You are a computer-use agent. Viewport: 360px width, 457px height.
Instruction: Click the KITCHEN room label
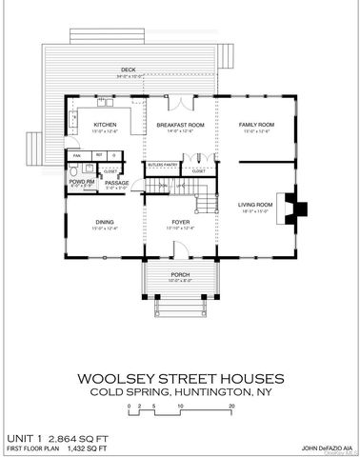coord(104,125)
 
